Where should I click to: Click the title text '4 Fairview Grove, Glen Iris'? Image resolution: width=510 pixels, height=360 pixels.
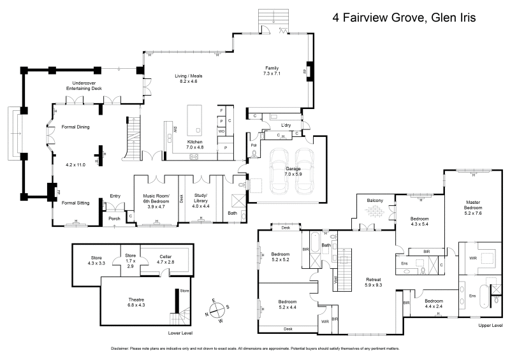click(404, 18)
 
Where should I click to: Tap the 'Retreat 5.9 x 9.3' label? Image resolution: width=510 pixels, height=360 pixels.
click(373, 282)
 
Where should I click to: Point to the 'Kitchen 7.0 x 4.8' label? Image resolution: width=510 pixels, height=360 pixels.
click(195, 145)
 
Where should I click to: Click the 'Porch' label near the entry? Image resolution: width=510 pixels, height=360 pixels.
click(114, 219)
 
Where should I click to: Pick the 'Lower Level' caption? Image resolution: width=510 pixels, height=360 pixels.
click(180, 333)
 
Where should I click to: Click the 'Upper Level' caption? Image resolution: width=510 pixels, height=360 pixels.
click(490, 325)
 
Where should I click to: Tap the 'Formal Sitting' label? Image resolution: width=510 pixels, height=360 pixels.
click(75, 203)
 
